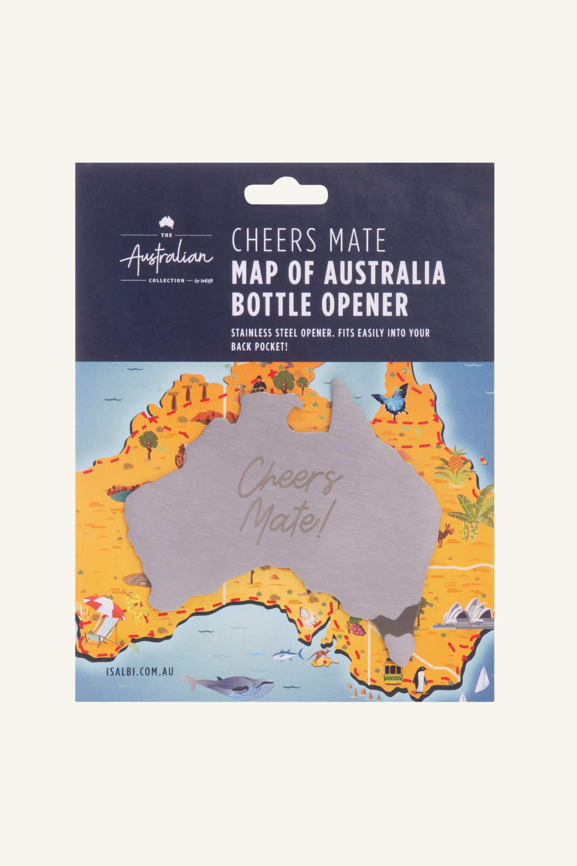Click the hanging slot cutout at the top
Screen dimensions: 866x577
(x=286, y=194)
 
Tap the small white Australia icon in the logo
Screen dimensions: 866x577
(x=167, y=222)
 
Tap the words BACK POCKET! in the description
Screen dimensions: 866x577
(x=260, y=347)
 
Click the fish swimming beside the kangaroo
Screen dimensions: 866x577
(x=287, y=655)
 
